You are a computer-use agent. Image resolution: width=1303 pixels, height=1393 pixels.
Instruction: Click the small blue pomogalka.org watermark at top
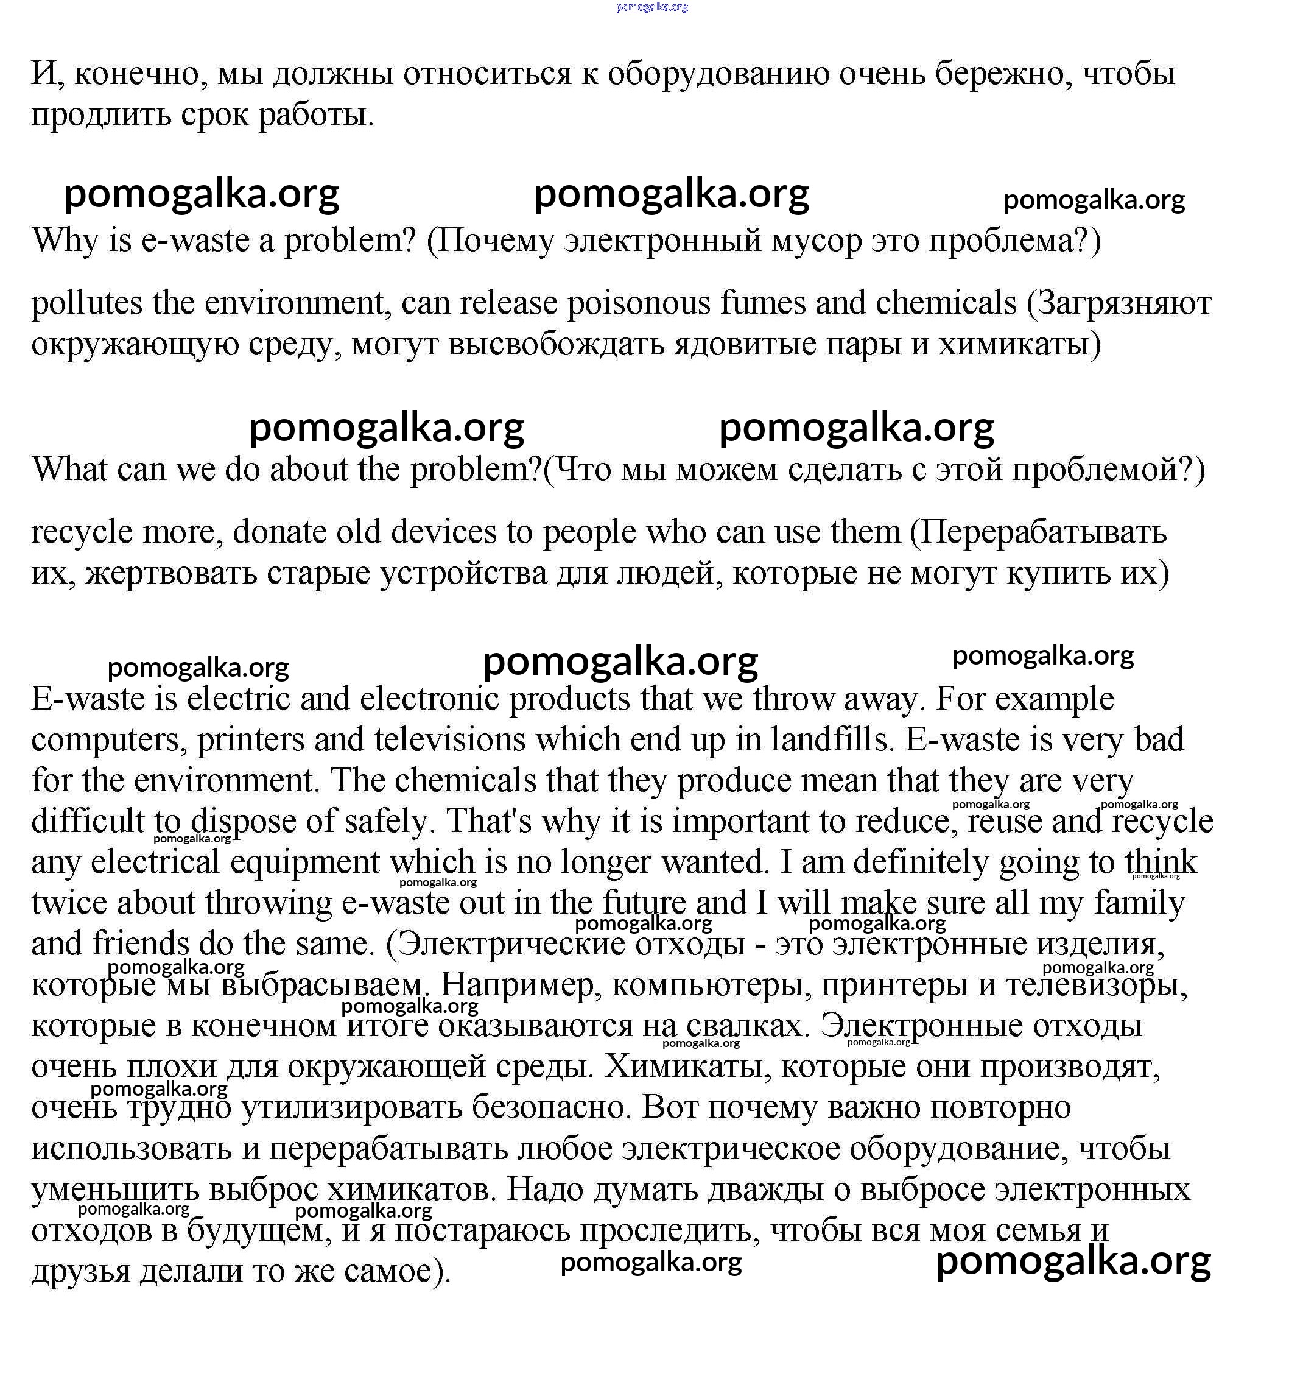[651, 7]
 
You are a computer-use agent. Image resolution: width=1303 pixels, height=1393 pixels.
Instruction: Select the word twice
[69, 903]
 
